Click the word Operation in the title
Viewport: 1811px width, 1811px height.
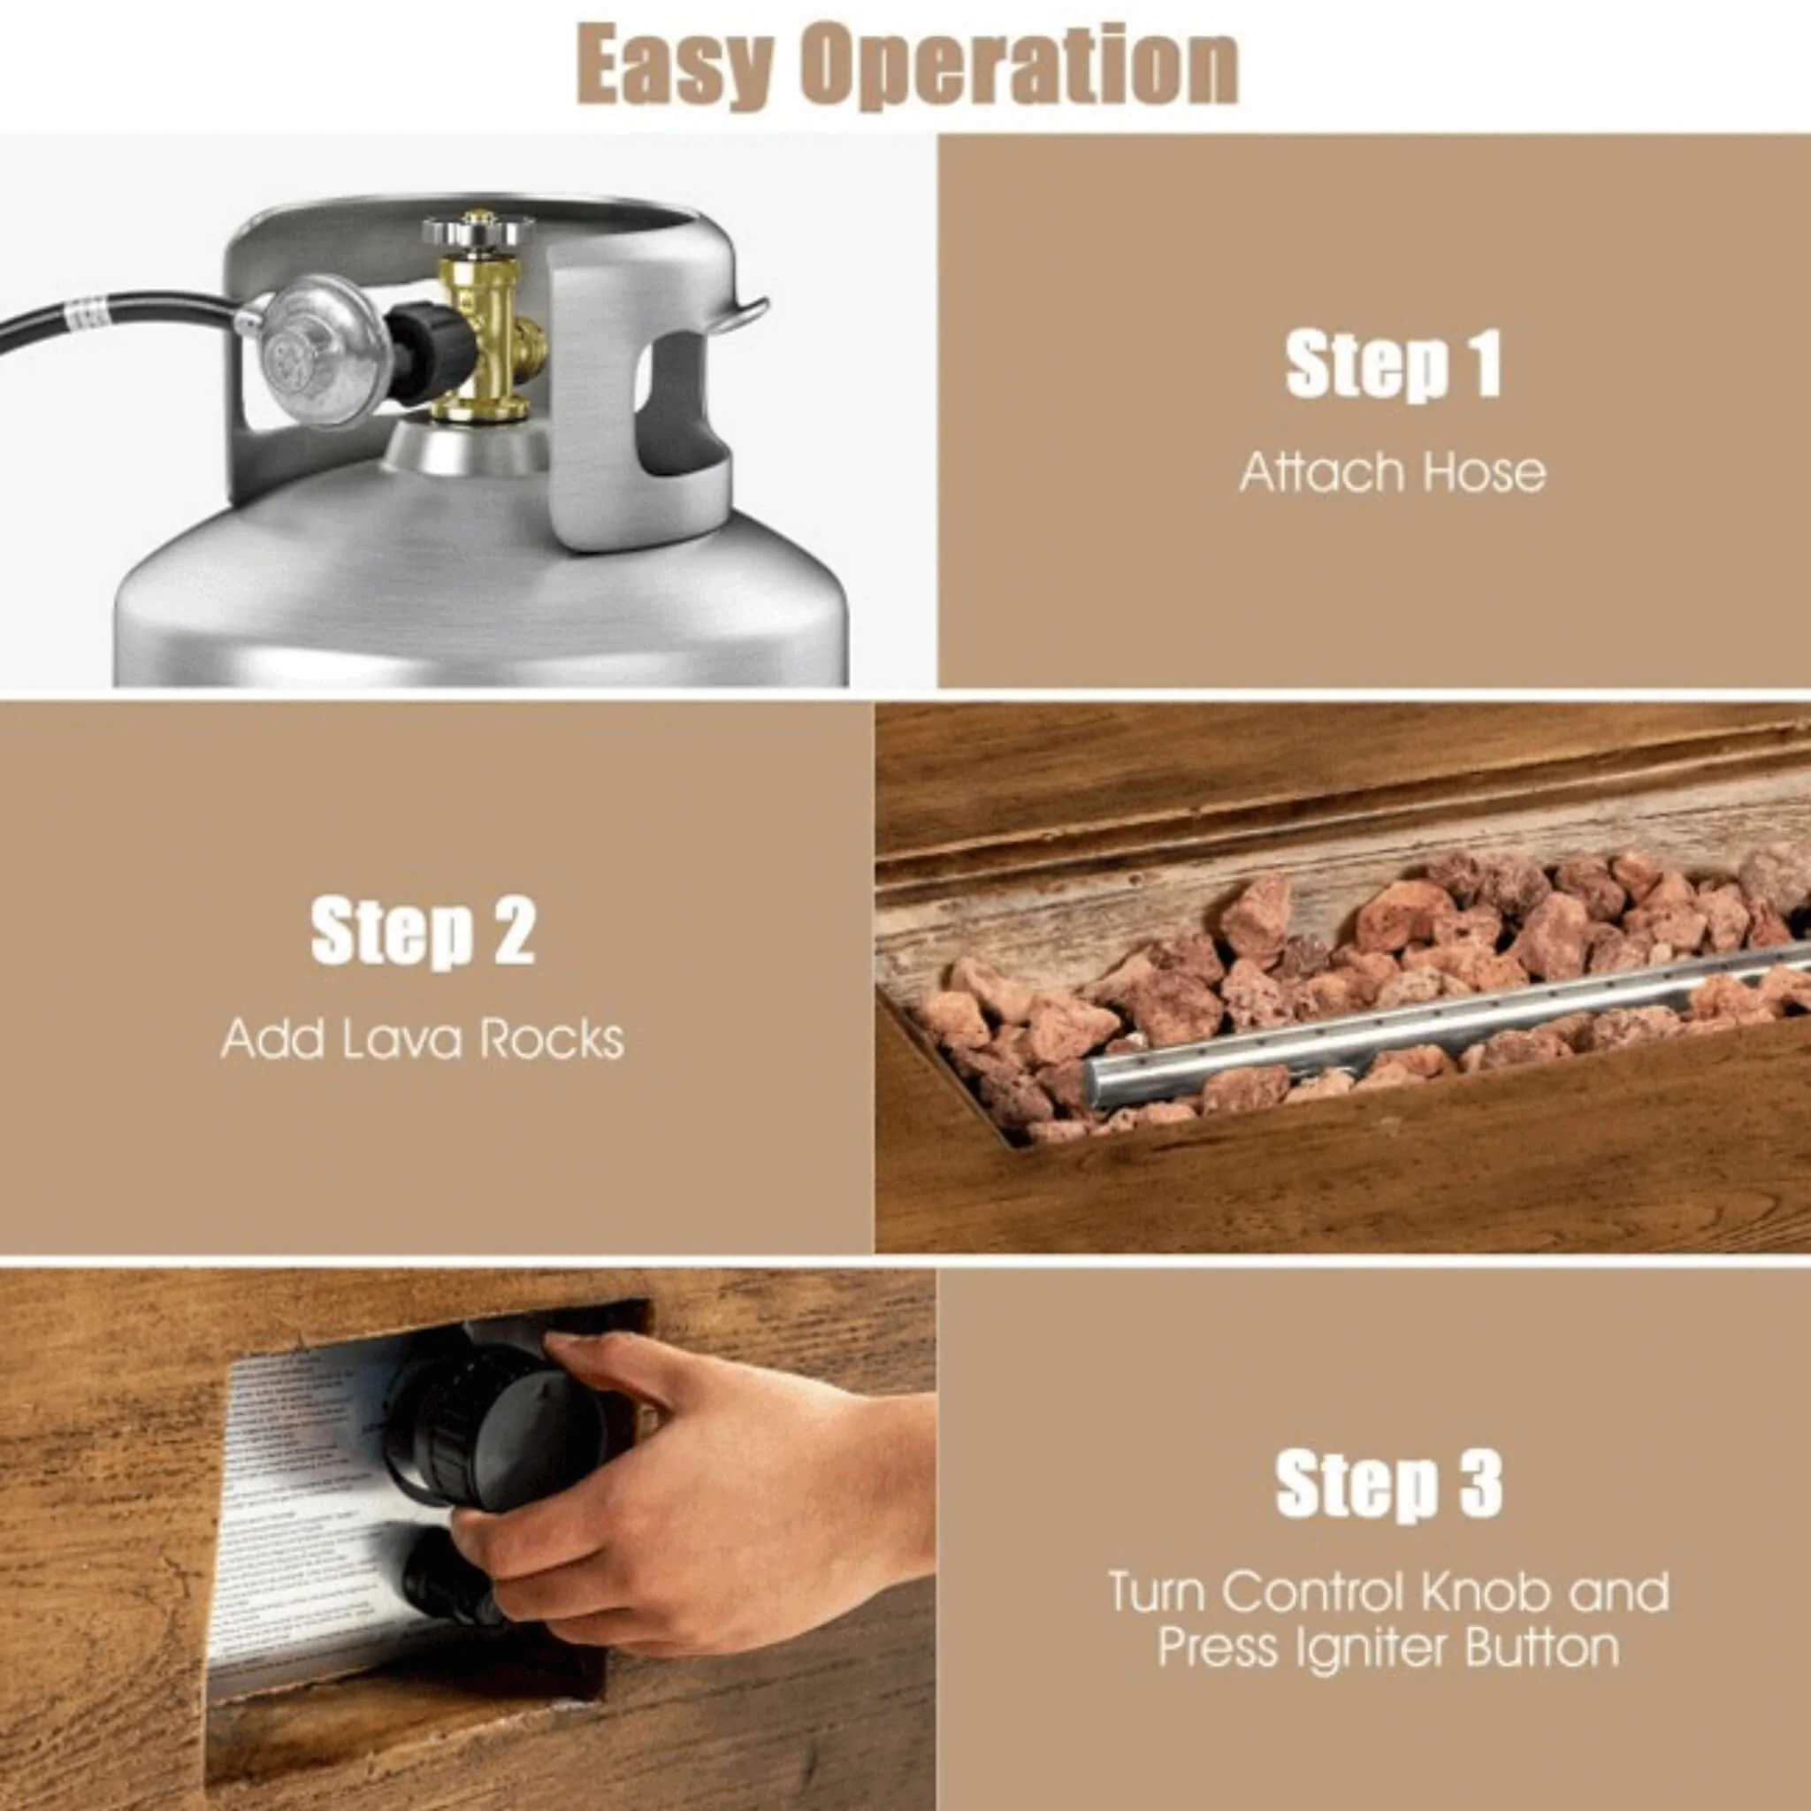tap(1023, 66)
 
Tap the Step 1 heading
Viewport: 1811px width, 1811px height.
tap(1393, 365)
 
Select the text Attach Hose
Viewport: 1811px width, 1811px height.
tap(1392, 471)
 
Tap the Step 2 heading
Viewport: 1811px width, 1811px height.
tap(423, 931)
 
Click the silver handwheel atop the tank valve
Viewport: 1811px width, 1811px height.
tap(478, 229)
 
